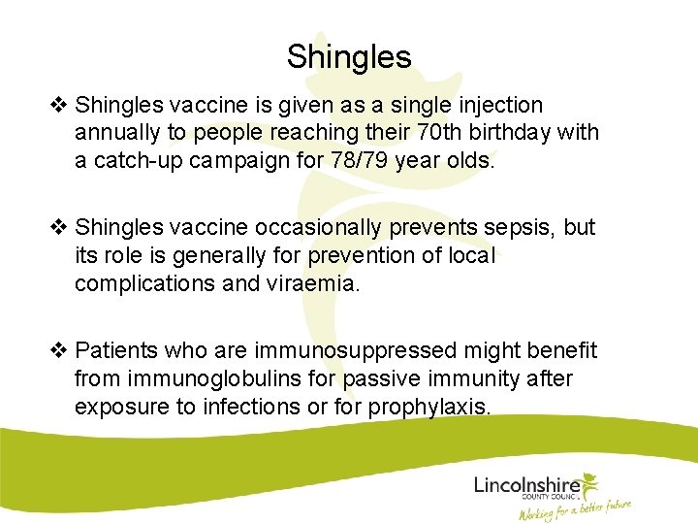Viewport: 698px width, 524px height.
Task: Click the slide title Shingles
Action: coord(349,56)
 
